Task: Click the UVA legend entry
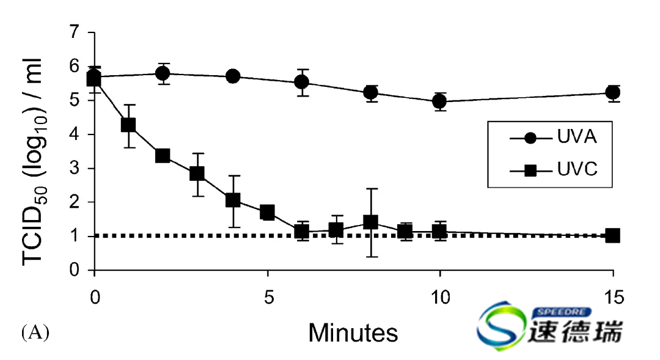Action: (553, 138)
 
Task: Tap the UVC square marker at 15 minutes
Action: (612, 235)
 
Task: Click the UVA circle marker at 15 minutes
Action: (612, 92)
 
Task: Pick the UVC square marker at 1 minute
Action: (128, 125)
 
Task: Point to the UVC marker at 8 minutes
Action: (370, 222)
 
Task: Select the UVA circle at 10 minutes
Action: (439, 101)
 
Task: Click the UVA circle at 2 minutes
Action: (163, 73)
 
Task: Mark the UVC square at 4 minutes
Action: (232, 200)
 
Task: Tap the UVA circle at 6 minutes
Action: (301, 82)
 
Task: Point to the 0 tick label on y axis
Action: (75, 270)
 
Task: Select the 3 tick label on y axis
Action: (75, 169)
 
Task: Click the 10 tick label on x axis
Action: (440, 298)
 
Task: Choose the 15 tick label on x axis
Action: (613, 298)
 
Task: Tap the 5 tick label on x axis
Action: (267, 298)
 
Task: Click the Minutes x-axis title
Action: (353, 333)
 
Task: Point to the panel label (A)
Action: (35, 332)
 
